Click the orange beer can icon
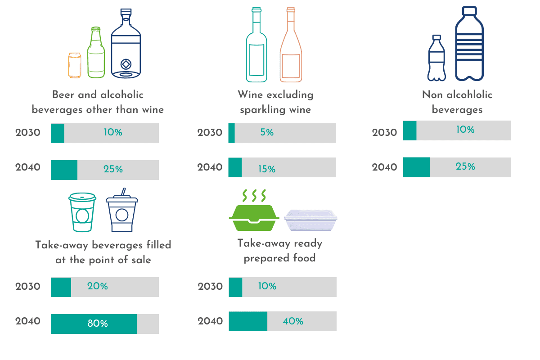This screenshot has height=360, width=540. [x=75, y=64]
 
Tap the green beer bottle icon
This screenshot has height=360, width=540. [x=96, y=53]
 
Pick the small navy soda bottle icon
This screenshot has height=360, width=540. [x=436, y=58]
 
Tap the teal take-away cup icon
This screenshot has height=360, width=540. [x=82, y=212]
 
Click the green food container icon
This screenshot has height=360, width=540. [x=254, y=218]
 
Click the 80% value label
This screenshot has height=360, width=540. [x=98, y=324]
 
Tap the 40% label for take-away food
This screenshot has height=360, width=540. [x=293, y=321]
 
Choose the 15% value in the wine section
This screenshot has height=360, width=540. [x=267, y=170]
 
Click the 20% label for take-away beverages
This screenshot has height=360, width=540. [x=98, y=286]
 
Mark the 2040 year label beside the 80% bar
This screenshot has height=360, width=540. [x=28, y=321]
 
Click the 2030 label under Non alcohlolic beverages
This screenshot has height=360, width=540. [x=385, y=133]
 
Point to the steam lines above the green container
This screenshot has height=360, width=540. [x=254, y=195]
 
